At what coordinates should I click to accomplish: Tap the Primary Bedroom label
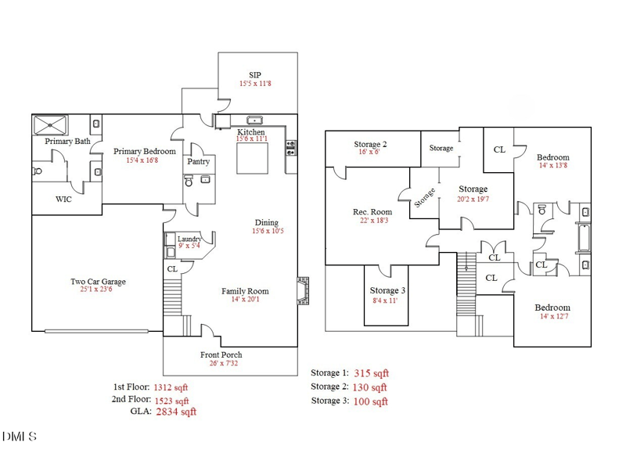144,151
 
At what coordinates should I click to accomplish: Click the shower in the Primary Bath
50,124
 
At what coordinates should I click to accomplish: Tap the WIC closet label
63,200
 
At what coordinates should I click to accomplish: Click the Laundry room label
190,239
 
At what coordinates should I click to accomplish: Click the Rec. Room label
372,212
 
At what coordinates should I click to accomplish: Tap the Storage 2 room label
369,144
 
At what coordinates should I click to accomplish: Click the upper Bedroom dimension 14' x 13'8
552,166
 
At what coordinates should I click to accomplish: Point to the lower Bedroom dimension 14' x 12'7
552,317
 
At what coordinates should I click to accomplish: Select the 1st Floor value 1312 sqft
171,387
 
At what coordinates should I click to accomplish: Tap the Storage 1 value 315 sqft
371,373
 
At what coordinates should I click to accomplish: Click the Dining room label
267,221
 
